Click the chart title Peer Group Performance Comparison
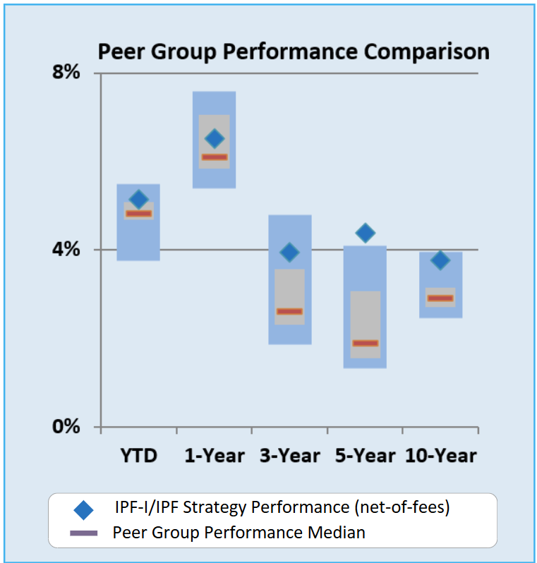[293, 52]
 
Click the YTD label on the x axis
[138, 455]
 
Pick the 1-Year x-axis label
[215, 455]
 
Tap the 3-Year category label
[290, 455]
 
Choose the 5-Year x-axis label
[366, 455]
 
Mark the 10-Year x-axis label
[441, 455]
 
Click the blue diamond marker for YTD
[139, 200]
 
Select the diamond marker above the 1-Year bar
[215, 138]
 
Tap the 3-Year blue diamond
[289, 252]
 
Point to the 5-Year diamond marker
[366, 233]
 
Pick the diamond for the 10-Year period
[440, 260]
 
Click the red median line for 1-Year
[215, 157]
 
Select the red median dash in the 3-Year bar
[289, 311]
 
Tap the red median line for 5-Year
[366, 343]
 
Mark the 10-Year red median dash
[440, 298]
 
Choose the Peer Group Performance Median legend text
[239, 532]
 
